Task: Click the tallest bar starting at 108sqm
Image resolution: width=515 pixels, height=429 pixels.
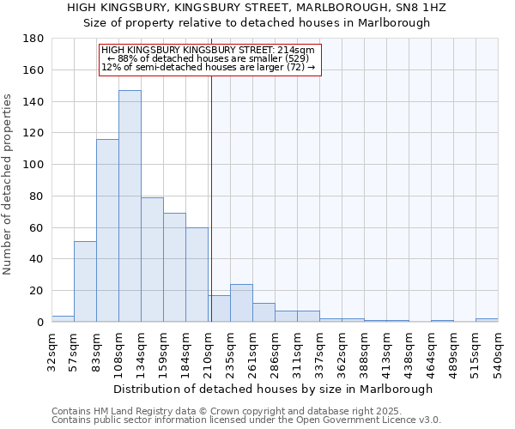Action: [x=130, y=206]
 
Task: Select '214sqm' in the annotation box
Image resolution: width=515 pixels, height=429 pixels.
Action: [x=297, y=51]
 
